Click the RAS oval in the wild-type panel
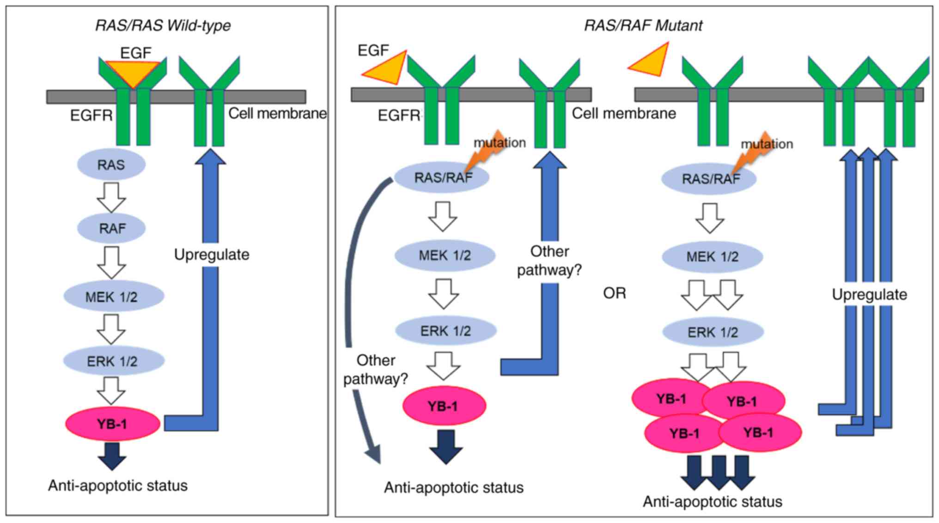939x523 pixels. (111, 165)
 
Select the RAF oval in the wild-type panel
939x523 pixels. (111, 228)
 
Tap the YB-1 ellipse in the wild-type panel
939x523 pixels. (112, 424)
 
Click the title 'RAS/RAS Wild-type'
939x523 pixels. (163, 25)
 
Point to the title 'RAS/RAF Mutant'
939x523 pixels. (643, 25)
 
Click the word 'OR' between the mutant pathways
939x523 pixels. (614, 293)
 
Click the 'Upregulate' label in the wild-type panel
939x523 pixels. (212, 255)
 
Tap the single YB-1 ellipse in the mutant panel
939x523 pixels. (444, 406)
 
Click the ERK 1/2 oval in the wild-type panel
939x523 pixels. (113, 361)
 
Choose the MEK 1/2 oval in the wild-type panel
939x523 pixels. (113, 297)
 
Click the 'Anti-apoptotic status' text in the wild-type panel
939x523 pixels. (118, 486)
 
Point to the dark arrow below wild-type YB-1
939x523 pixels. (112, 456)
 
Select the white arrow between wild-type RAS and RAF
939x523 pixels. (111, 197)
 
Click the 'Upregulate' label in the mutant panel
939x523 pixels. (869, 295)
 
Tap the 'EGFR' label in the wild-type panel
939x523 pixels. (91, 116)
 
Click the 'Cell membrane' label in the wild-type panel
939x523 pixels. (277, 114)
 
